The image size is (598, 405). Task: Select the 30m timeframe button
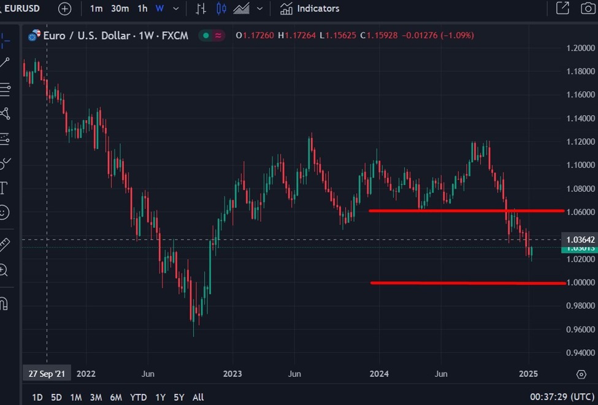120,9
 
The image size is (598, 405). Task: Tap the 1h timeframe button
142,9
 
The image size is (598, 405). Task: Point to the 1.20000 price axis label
580,48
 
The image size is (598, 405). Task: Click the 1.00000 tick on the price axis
580,282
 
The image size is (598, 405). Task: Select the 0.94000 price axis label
580,353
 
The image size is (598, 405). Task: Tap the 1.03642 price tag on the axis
580,239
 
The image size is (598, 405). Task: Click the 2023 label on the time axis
232,374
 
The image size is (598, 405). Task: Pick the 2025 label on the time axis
528,374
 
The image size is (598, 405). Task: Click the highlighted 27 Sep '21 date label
47,374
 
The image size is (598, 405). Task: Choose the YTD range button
139,397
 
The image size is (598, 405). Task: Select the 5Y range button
178,397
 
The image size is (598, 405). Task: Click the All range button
198,397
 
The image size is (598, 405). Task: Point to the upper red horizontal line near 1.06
466,211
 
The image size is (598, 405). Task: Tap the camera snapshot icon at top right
587,9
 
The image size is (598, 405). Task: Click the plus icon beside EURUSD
64,9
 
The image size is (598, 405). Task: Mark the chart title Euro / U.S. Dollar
86,36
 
